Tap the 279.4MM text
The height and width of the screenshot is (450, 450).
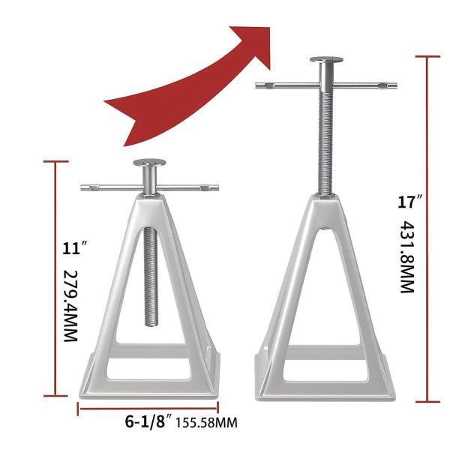coord(70,306)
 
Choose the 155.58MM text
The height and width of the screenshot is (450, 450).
coord(206,423)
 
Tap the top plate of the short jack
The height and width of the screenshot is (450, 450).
coord(149,163)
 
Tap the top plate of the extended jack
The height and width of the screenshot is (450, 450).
coord(326,59)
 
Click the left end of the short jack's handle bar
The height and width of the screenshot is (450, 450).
coord(82,188)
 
